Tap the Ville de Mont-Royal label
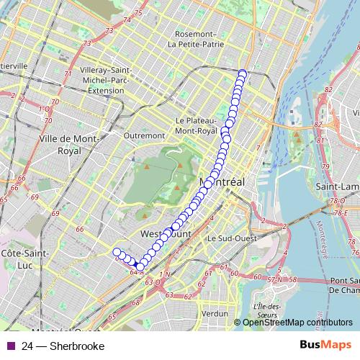pos(70,145)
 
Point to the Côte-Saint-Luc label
pos(24,260)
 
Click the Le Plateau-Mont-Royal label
pos(196,126)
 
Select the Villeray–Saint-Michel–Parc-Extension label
pos(106,81)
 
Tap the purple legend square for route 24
pos(9,346)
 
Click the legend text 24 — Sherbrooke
pos(63,346)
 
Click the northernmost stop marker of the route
pos(243,73)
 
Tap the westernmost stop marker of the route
pos(117,252)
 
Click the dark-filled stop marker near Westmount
pos(140,266)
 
